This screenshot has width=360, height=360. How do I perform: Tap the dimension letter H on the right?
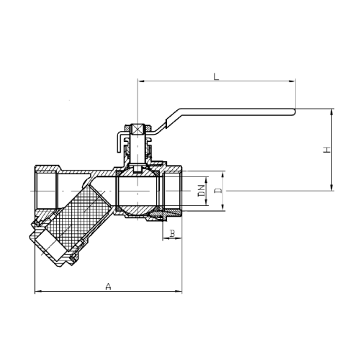click(326, 150)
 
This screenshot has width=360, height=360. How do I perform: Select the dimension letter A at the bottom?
click(109, 286)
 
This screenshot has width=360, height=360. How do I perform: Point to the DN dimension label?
click(202, 191)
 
